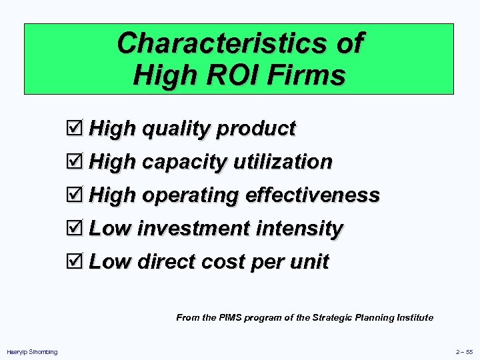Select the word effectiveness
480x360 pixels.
point(313,195)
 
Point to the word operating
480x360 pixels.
point(190,196)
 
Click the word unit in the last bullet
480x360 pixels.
point(309,262)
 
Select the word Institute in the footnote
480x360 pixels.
point(413,317)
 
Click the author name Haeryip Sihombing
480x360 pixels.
point(32,352)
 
